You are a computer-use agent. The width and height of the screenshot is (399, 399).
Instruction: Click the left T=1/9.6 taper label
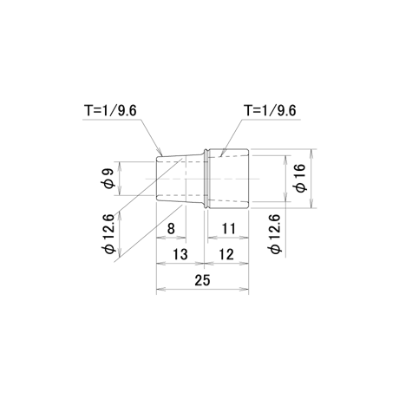coord(110,111)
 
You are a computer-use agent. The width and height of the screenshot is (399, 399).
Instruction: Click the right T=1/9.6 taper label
coord(270,111)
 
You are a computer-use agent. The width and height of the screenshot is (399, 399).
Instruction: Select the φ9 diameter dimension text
coord(109,179)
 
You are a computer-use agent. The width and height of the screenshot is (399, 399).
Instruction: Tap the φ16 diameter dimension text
coord(300,178)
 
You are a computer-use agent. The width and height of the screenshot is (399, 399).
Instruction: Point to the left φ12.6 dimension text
coord(110,234)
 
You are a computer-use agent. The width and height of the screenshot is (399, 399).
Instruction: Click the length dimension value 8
coord(171,229)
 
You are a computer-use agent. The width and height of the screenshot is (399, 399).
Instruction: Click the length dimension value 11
coord(229,229)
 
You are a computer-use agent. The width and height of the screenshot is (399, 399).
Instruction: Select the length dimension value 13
coord(180,254)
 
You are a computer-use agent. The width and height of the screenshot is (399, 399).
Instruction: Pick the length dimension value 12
coord(226,254)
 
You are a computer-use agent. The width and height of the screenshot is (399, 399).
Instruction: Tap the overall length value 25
coord(202,280)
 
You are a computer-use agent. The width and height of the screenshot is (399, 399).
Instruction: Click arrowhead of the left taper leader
coord(160,153)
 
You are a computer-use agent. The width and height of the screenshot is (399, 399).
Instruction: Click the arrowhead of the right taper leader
coord(221,154)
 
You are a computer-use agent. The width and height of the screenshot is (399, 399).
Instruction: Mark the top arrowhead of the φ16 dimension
coord(311,154)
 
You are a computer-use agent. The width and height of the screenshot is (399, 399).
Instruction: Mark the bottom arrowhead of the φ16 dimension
coord(311,204)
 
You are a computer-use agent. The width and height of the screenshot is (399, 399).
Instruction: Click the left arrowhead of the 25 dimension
coord(160,289)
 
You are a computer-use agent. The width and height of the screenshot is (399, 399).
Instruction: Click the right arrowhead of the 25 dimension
coord(244,289)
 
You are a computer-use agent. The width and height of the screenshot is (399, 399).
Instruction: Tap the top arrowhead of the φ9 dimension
coord(120,166)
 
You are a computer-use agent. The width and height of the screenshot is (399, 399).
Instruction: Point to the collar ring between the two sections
coord(206,179)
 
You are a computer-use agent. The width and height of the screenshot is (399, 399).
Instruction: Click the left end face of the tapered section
coord(156,179)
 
